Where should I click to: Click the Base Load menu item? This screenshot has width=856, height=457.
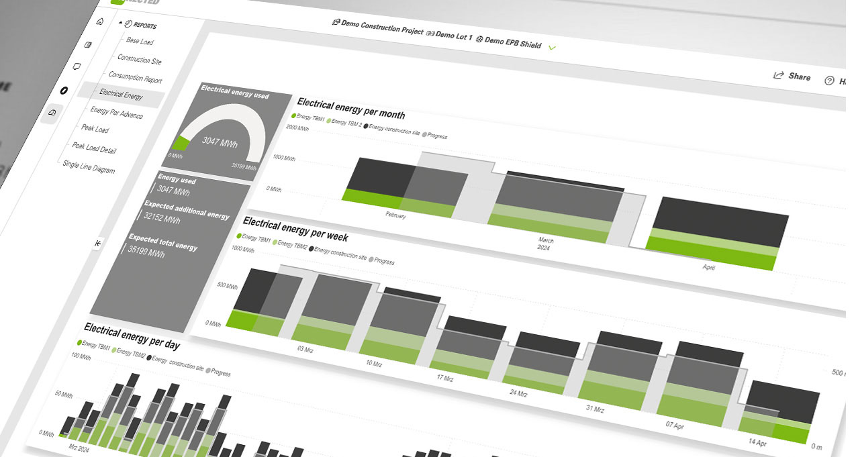pos(140,42)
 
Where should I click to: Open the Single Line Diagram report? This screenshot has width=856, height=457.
pos(89,167)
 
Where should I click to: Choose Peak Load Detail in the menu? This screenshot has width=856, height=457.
pos(94,148)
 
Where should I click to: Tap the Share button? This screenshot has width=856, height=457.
pos(792,77)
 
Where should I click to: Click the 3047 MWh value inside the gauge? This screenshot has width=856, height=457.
pos(218,142)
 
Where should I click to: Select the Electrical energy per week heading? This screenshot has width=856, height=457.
pos(295,227)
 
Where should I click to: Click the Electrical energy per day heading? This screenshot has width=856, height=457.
pos(132,336)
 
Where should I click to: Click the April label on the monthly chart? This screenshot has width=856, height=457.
pos(708,267)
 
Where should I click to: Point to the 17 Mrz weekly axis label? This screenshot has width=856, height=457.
pos(444,378)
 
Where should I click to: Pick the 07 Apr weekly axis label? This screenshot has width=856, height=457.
pos(675,425)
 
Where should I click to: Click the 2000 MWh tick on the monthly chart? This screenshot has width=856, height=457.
pos(297,128)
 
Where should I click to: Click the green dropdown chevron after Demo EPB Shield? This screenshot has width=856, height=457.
pos(553,48)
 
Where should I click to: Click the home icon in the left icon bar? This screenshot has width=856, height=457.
pos(100,21)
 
